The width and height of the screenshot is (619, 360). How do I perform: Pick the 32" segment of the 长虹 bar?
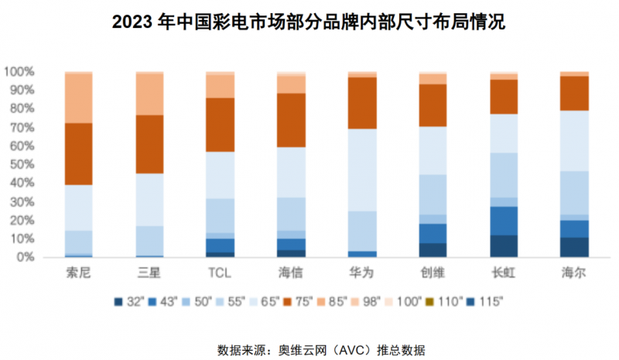[504, 245]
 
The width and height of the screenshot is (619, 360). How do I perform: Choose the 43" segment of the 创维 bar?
[433, 233]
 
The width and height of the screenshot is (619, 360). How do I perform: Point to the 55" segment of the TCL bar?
[220, 215]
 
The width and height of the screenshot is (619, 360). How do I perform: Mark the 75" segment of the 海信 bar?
[291, 120]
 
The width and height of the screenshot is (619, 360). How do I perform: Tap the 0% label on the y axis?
[26, 257]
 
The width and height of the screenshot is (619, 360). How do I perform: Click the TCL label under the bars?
[220, 273]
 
